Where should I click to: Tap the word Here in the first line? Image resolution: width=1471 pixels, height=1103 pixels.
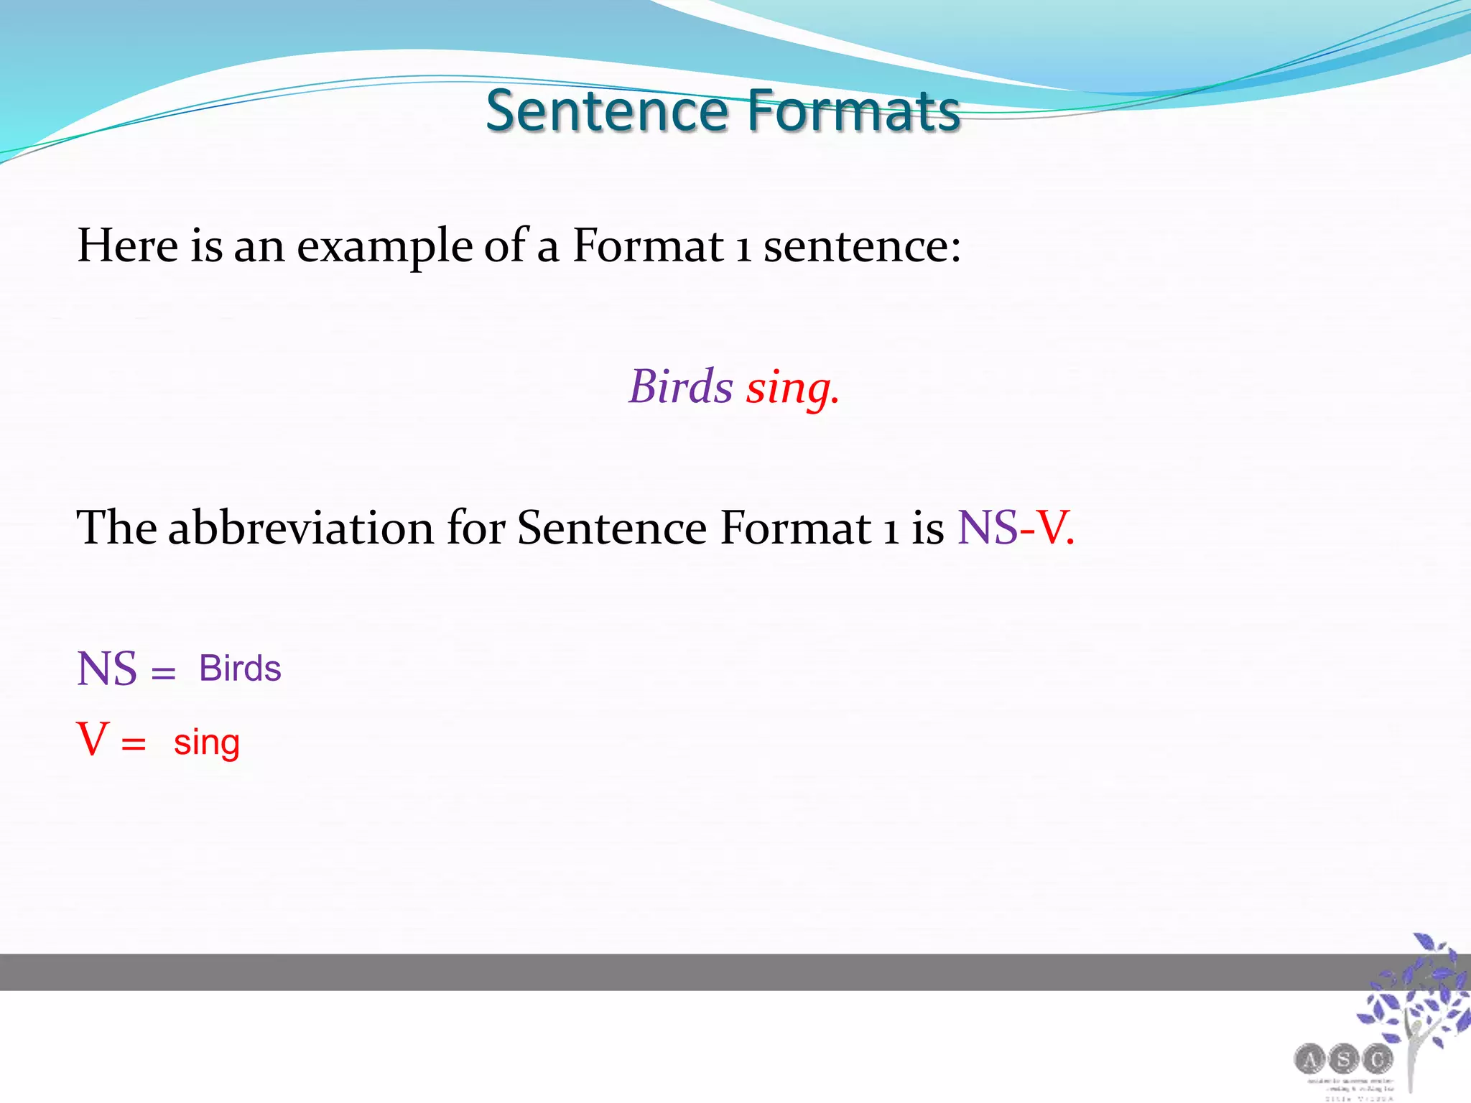tap(127, 246)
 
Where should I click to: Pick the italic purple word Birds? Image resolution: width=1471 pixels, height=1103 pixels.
tap(681, 386)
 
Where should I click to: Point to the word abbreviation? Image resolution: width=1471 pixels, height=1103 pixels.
tap(301, 528)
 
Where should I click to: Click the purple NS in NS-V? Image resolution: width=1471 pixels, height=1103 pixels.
tap(988, 528)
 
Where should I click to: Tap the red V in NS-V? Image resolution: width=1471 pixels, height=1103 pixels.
tap(1052, 528)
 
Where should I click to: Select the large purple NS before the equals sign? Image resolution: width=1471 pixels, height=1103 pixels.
tap(106, 669)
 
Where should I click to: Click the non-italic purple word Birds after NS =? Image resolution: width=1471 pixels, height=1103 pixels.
tap(240, 669)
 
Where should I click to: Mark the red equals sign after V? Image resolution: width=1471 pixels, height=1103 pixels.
tap(134, 745)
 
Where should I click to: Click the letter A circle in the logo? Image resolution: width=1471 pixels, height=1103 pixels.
tap(1309, 1059)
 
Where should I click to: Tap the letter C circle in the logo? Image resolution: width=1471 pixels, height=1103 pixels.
tap(1377, 1059)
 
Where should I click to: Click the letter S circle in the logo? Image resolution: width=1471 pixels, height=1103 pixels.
tap(1343, 1059)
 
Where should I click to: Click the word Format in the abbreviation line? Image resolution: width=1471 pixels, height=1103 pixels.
tap(796, 528)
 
